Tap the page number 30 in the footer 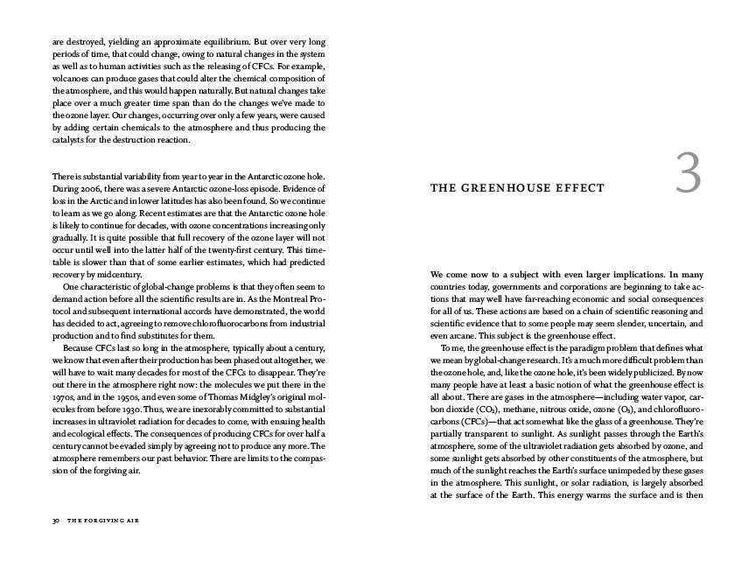pyautogui.click(x=54, y=519)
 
